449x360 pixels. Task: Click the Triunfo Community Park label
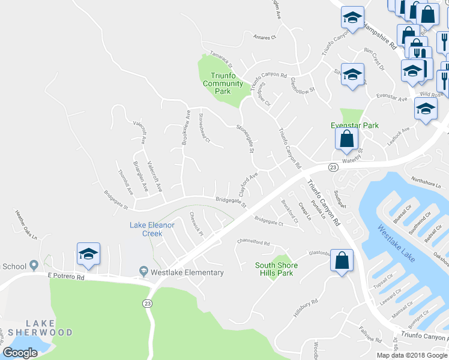(223, 83)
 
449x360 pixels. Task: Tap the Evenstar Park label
(355, 125)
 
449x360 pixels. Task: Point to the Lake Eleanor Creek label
(152, 229)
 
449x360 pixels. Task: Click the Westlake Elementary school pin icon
(143, 272)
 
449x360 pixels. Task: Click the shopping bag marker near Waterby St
(347, 140)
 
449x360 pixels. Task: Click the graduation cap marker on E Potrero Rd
(88, 254)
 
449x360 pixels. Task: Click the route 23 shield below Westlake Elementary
(148, 304)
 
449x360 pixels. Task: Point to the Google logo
(20, 352)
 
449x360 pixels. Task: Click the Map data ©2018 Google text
(412, 355)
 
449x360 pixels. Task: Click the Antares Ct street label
(264, 37)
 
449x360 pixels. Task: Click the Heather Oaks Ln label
(26, 222)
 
